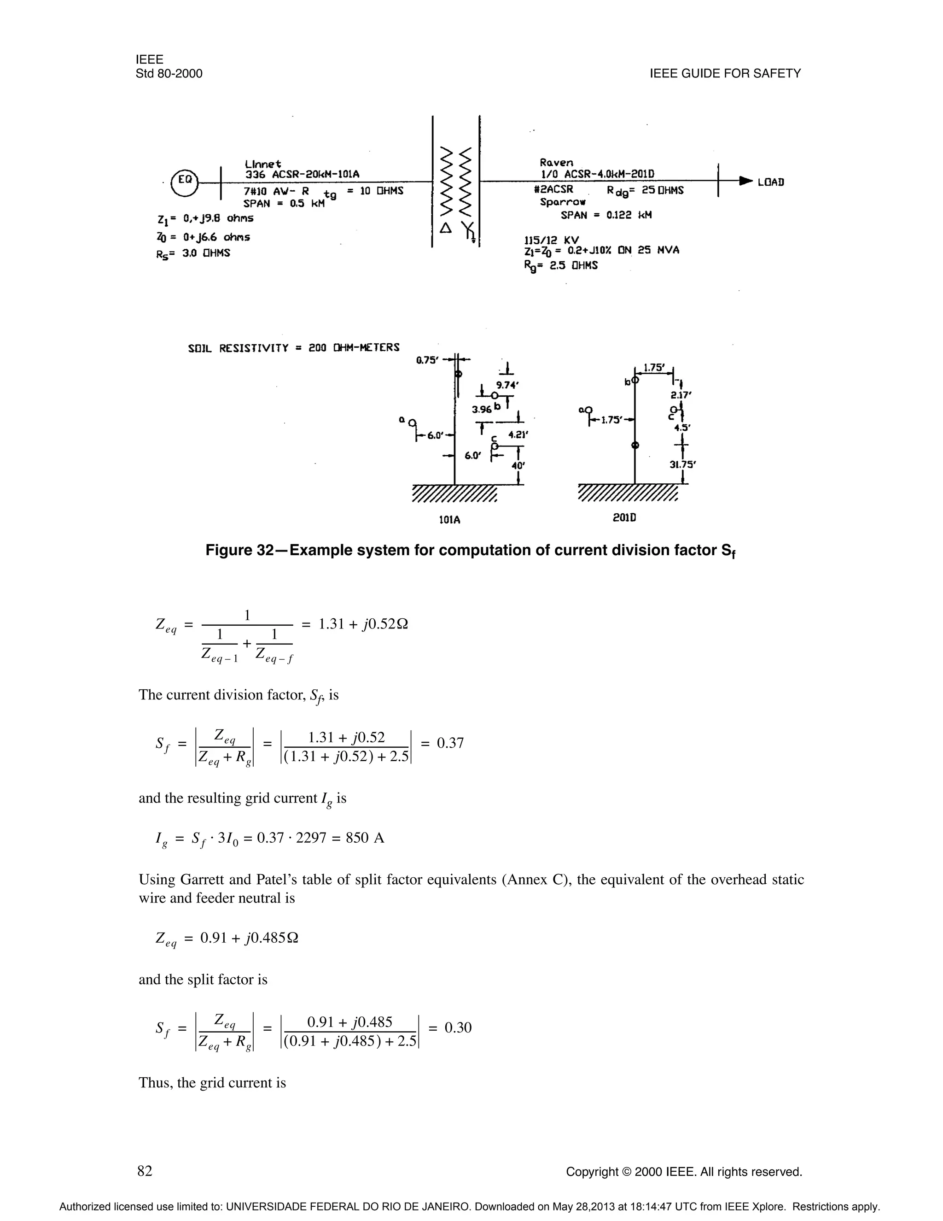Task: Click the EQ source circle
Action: pos(186,181)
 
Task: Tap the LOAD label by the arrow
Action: pos(770,182)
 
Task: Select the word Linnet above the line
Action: pos(262,164)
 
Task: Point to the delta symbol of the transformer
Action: pos(445,228)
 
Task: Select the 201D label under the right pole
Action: pos(624,518)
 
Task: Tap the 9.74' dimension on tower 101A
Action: pos(508,385)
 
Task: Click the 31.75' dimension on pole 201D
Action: pos(682,464)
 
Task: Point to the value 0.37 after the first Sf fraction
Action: pos(450,743)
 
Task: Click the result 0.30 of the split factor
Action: pos(458,1027)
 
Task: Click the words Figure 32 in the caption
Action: pos(238,551)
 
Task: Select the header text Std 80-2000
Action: pos(169,74)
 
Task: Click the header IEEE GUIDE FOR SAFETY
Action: pos(725,74)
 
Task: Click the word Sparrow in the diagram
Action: pos(563,202)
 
